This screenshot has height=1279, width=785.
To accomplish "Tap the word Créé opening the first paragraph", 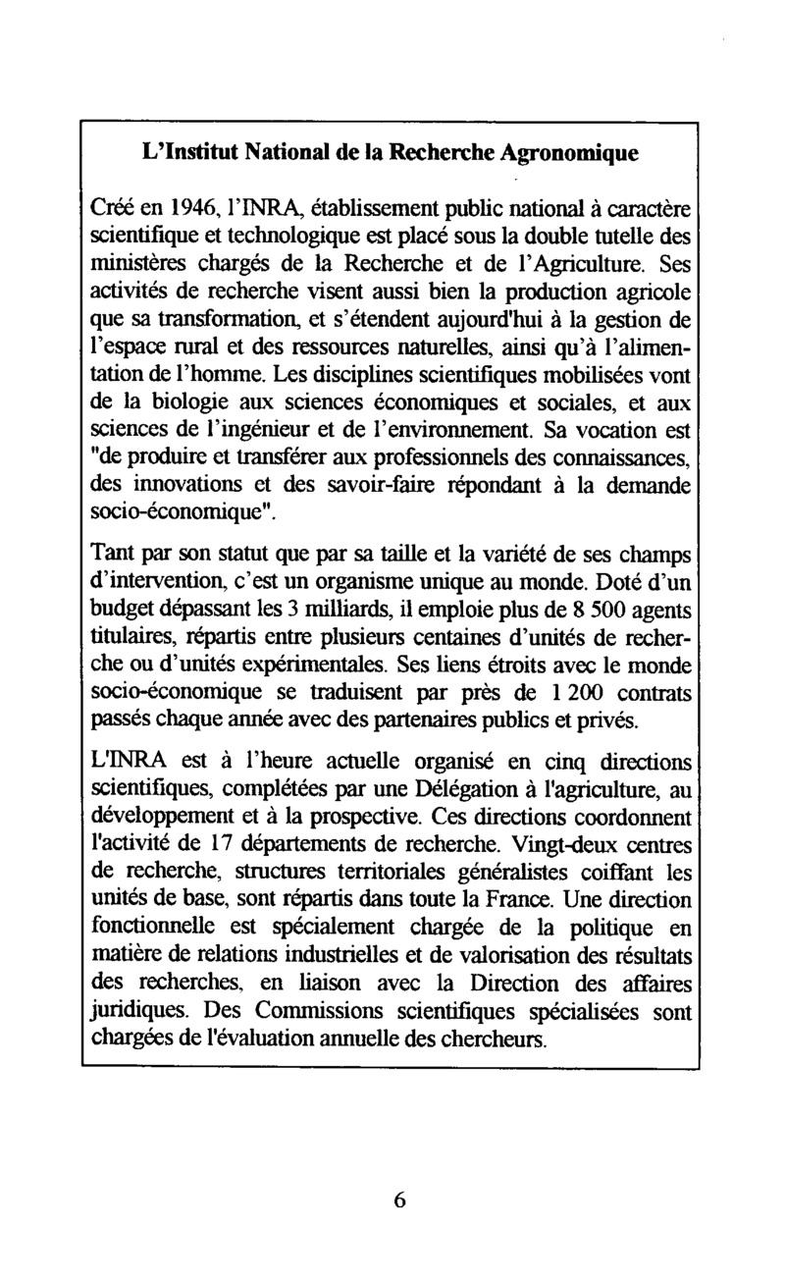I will point(110,209).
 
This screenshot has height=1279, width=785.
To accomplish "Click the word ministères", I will point(138,263).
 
